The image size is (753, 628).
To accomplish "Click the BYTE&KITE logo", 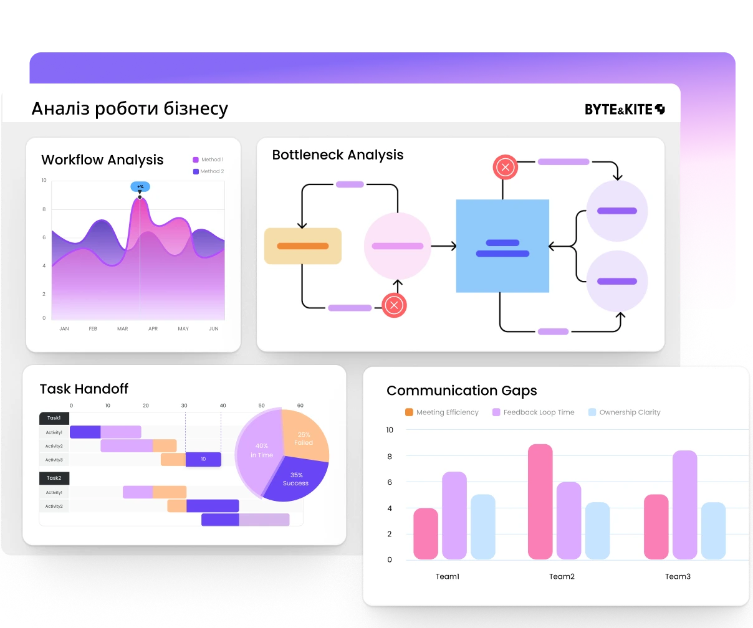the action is (x=624, y=110).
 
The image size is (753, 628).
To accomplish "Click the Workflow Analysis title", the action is (x=102, y=160).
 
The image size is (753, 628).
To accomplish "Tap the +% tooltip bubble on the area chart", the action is (x=140, y=186).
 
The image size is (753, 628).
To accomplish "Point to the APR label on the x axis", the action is (x=153, y=329).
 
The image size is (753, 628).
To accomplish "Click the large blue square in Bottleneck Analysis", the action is (x=502, y=246).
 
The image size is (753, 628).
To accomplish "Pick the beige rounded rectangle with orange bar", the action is (x=303, y=246).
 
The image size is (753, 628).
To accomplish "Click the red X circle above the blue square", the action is (x=506, y=167).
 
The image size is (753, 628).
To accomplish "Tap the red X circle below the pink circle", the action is (x=394, y=305).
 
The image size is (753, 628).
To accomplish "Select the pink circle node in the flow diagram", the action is (x=398, y=246).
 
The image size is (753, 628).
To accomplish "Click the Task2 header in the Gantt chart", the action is (x=54, y=478).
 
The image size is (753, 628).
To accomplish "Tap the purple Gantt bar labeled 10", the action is (x=203, y=459).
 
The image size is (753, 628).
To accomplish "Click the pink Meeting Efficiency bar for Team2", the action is (x=540, y=502).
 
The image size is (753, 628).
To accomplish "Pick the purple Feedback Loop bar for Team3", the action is (x=684, y=505).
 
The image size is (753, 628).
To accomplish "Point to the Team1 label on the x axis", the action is (x=448, y=576).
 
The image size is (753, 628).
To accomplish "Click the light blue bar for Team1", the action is (x=483, y=527).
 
